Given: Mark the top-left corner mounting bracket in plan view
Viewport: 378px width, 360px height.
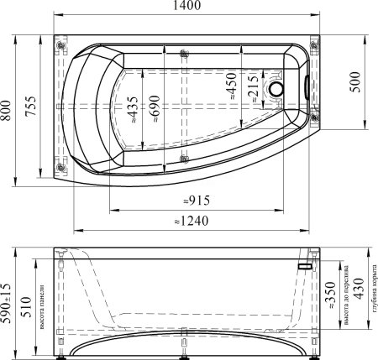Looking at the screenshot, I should pyautogui.click(x=60, y=44).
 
